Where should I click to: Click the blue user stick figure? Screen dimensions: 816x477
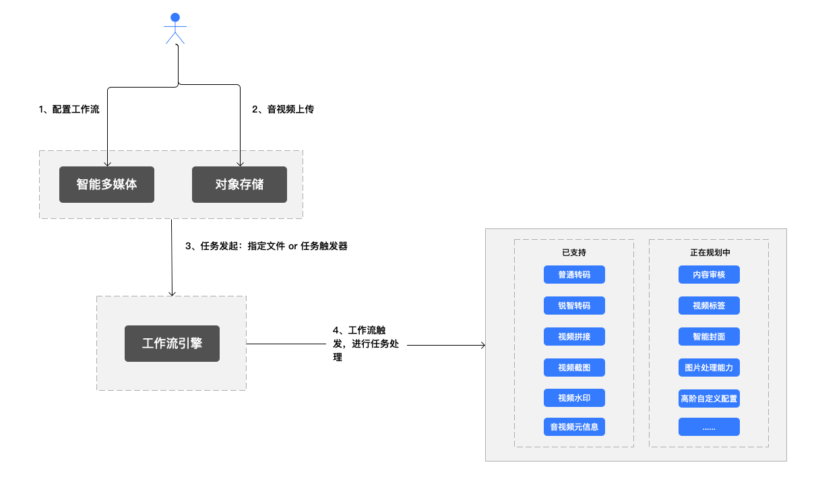click(175, 28)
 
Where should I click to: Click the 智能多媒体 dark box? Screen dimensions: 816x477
click(106, 185)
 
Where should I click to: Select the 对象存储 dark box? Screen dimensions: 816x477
click(239, 185)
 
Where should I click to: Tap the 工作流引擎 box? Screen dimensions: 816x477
click(172, 344)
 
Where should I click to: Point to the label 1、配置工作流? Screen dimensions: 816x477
click(69, 109)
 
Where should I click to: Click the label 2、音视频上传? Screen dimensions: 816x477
click(283, 109)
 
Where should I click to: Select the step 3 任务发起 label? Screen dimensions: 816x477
click(266, 246)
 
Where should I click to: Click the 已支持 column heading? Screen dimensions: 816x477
click(574, 253)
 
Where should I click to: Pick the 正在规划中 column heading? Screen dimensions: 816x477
click(710, 253)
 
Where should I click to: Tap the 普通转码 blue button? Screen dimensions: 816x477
click(575, 275)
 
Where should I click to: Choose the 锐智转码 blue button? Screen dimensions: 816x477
click(575, 305)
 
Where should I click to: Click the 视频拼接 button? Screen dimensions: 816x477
click(575, 336)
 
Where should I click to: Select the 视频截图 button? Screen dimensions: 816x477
click(575, 367)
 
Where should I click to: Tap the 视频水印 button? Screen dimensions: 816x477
click(575, 398)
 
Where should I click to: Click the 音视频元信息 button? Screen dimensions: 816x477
click(575, 426)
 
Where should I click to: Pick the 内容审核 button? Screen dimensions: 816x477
click(709, 275)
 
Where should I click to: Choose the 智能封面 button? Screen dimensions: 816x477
click(709, 336)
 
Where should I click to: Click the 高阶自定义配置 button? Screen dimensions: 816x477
click(709, 398)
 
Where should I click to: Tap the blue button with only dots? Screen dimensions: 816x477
click(709, 426)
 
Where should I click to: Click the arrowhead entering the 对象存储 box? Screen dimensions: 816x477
click(240, 164)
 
